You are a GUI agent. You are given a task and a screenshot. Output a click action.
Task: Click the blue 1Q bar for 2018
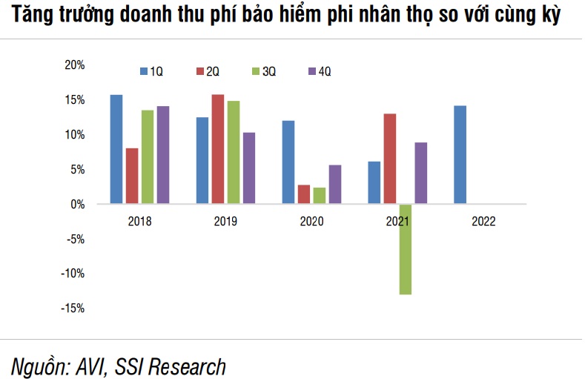tap(116, 149)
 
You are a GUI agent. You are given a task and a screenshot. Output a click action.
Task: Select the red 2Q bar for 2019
tap(218, 149)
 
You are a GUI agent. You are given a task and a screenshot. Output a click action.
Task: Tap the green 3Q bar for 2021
tap(405, 249)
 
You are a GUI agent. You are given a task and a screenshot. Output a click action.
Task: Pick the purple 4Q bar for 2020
tap(335, 184)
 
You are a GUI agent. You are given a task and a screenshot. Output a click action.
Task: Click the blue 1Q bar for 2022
tap(460, 154)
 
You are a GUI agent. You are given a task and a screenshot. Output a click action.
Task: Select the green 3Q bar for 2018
tap(148, 156)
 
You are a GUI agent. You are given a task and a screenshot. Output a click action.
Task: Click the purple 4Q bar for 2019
tap(249, 168)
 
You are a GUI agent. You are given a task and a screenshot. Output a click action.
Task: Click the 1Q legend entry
tap(151, 71)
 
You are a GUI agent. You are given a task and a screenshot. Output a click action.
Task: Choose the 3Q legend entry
tap(264, 71)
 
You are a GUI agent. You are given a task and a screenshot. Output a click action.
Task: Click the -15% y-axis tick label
tap(73, 308)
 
